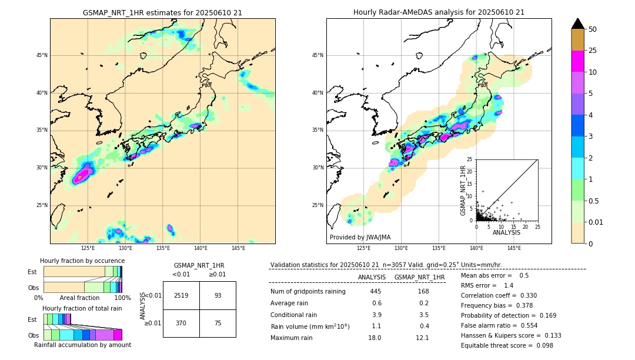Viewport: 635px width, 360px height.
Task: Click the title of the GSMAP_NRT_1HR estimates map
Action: (162, 12)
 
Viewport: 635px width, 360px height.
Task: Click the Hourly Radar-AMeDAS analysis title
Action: (439, 12)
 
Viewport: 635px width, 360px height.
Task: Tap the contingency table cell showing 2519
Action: (181, 295)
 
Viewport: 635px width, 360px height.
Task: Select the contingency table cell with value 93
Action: (218, 295)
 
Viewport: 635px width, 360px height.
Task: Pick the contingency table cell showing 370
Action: (181, 324)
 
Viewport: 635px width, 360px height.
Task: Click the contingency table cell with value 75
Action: (218, 324)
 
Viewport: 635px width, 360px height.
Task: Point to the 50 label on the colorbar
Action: (593, 29)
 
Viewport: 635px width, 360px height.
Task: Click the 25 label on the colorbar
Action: (593, 51)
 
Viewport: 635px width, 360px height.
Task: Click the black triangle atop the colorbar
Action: (578, 24)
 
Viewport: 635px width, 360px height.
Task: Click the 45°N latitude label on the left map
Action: (42, 55)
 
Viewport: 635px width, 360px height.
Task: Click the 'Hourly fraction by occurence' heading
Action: (82, 261)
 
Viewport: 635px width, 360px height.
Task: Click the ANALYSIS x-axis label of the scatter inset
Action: (506, 232)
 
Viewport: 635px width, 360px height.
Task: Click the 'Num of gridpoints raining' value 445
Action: (376, 292)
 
